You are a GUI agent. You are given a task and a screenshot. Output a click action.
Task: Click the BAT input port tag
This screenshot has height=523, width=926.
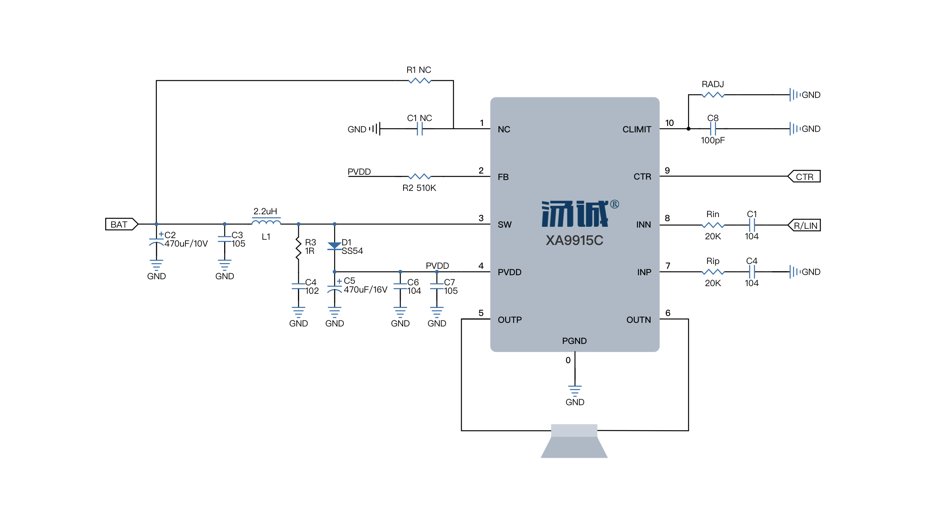coord(121,224)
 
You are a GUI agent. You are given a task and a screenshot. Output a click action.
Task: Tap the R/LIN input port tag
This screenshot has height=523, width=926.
coord(804,225)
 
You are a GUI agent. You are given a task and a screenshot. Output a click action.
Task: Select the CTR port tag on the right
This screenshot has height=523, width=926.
coord(804,176)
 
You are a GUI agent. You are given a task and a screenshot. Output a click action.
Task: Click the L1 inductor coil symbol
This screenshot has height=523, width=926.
coord(266,221)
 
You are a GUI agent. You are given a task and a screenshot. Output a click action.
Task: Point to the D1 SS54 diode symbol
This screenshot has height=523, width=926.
coord(334,246)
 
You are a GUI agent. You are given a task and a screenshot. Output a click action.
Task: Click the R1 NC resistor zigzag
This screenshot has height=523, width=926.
coord(420,81)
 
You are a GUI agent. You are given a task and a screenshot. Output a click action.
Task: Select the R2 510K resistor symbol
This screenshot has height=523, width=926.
coord(420,176)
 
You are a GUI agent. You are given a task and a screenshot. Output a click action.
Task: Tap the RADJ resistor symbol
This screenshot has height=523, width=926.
coord(713,95)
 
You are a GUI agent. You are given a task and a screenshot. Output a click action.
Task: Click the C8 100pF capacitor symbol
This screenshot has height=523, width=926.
coord(713,129)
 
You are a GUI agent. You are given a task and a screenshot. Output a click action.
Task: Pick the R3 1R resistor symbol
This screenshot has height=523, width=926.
coord(298,248)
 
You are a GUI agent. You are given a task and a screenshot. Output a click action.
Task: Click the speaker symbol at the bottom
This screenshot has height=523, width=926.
coord(574,441)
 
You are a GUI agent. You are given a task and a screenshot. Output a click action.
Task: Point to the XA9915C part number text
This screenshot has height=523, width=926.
coord(574,241)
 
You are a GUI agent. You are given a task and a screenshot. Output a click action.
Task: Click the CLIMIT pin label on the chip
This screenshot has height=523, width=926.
coord(637,130)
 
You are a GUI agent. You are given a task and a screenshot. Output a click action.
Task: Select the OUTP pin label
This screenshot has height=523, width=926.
coord(510,320)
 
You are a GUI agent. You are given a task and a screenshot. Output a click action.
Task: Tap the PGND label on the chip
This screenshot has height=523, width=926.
coord(574,341)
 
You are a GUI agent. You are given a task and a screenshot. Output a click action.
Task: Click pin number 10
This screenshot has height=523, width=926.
coord(669,123)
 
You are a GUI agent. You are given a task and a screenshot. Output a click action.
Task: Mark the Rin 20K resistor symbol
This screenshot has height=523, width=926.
coord(713,225)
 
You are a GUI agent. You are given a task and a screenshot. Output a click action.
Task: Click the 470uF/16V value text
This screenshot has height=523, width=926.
coord(365,290)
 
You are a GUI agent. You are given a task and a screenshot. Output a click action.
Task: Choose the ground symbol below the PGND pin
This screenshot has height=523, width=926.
coord(574,391)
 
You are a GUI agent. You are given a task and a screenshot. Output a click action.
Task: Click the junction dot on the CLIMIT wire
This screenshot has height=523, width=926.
coord(688,129)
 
